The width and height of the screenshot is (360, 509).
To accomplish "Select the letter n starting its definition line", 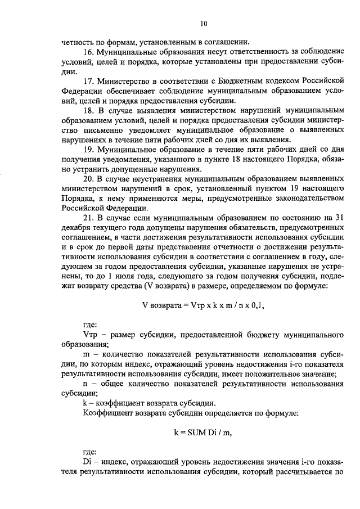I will coord(85,384).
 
